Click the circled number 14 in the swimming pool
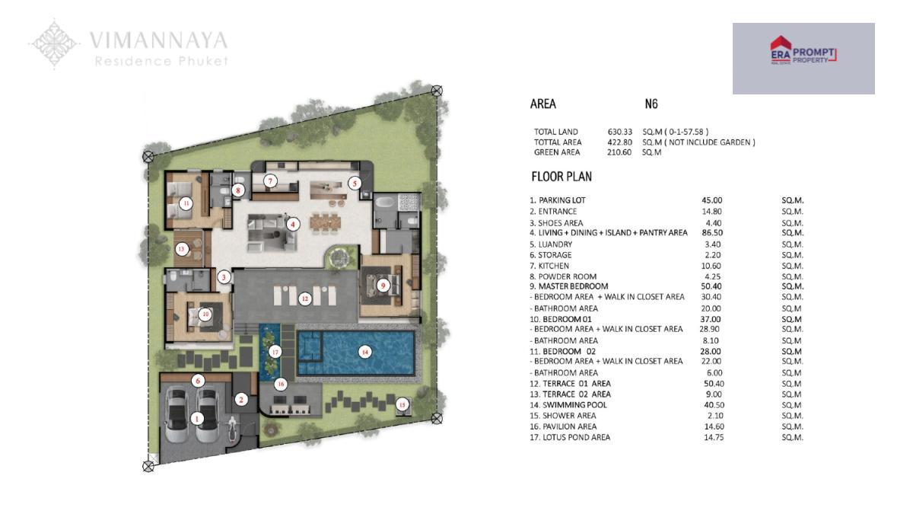pyautogui.click(x=364, y=352)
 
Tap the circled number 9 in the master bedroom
pyautogui.click(x=382, y=286)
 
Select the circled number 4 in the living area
pyautogui.click(x=293, y=224)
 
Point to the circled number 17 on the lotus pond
pyautogui.click(x=275, y=352)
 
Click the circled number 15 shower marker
pyautogui.click(x=402, y=404)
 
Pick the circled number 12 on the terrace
pyautogui.click(x=305, y=299)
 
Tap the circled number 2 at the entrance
pyautogui.click(x=241, y=399)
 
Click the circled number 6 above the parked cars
pyautogui.click(x=198, y=381)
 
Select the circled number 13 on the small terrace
pyautogui.click(x=182, y=249)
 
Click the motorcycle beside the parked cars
pyautogui.click(x=232, y=429)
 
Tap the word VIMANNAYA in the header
pyautogui.click(x=158, y=40)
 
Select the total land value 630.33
pyautogui.click(x=620, y=132)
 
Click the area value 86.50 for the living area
pyautogui.click(x=712, y=232)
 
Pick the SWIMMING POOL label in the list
pyautogui.click(x=574, y=405)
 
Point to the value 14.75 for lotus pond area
pyautogui.click(x=714, y=437)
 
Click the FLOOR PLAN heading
pyautogui.click(x=561, y=177)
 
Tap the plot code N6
pyautogui.click(x=651, y=104)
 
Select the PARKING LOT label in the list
pyautogui.click(x=561, y=200)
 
